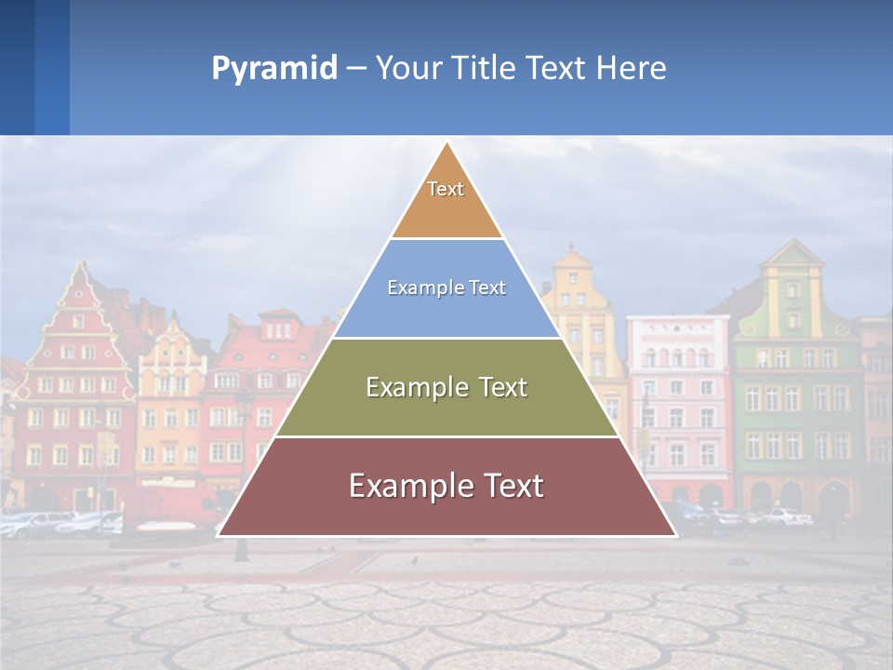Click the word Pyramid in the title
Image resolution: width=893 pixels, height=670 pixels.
point(273,69)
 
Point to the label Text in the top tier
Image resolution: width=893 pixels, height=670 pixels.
point(446,189)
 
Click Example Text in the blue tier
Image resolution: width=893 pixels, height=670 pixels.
point(446,288)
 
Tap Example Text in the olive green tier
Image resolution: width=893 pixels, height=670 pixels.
point(446,387)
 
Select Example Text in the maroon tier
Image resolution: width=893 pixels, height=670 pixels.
point(446,486)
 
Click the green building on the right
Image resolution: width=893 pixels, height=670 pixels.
point(795,391)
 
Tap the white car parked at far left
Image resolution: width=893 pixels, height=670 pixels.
point(33,523)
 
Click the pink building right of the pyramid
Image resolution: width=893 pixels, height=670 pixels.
point(677,400)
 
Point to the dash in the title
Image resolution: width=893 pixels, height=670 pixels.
point(356,69)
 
